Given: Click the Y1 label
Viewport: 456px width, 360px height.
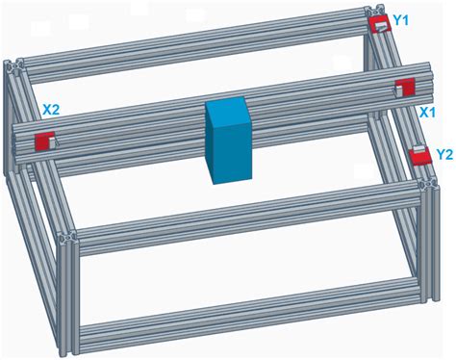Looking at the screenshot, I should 401,19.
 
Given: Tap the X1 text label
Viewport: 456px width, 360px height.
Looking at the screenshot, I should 433,112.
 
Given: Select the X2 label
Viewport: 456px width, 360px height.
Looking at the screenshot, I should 51,111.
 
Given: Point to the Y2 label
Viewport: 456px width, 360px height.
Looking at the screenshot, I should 444,154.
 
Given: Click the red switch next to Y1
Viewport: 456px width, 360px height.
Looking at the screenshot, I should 378,25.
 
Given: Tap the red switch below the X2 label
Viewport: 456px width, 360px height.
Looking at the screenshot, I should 44,141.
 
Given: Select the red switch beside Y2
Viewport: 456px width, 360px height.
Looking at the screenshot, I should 418,156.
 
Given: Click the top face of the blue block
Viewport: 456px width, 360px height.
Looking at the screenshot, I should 228,107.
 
